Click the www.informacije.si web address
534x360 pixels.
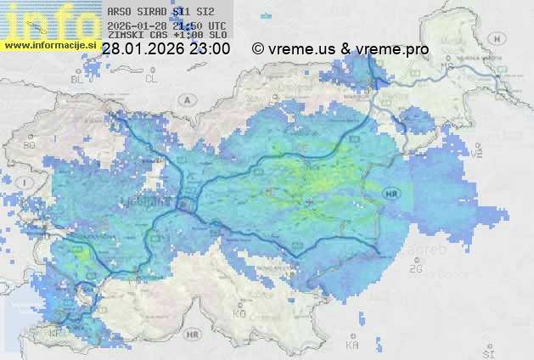pos(49,45)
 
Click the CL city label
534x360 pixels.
pos(151,79)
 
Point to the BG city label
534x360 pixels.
pos(30,145)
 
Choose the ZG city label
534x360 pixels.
pos(416,268)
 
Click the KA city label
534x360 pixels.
pos(352,345)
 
